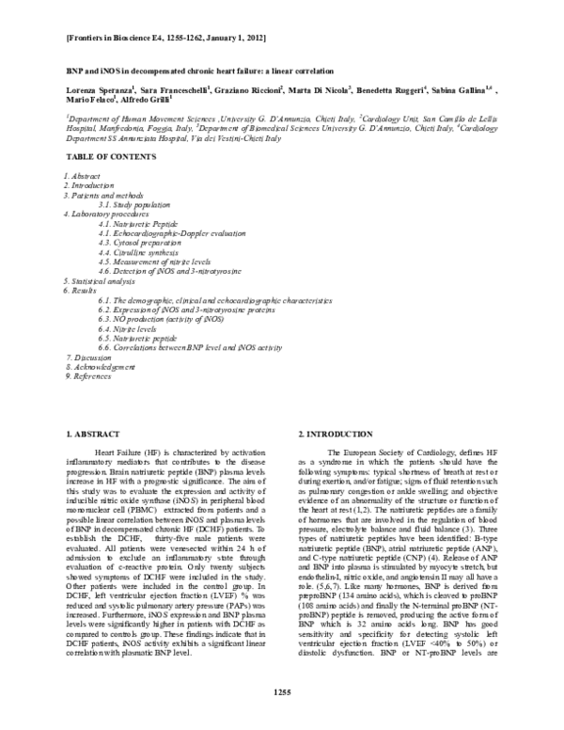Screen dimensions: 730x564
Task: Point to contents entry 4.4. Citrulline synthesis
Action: [141, 252]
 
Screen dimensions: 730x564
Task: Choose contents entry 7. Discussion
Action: [90, 357]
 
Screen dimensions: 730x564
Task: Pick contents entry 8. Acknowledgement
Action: [102, 367]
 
